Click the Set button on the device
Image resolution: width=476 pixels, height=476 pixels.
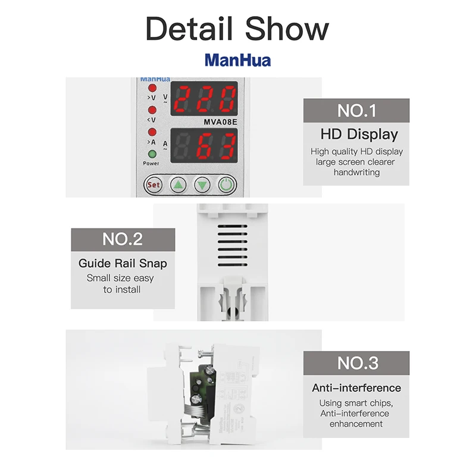[154, 184]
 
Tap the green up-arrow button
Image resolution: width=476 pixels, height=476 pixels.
[178, 184]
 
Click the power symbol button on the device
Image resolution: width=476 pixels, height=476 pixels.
[227, 184]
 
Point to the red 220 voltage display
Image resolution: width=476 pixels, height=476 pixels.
[205, 99]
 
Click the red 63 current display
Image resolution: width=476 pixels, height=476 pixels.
[205, 145]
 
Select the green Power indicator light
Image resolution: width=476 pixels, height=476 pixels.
[152, 154]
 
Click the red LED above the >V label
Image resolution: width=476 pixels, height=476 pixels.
[152, 88]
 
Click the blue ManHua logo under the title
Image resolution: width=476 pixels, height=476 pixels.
[237, 60]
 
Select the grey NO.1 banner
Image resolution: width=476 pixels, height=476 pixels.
[356, 110]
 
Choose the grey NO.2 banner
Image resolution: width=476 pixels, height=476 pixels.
[123, 239]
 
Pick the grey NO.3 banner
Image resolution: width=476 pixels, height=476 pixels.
[356, 362]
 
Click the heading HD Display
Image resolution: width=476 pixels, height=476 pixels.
[359, 134]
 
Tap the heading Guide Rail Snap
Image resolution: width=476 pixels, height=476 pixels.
[123, 263]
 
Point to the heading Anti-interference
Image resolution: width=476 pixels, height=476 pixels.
[356, 388]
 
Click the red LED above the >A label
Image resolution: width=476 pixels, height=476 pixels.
[152, 131]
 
